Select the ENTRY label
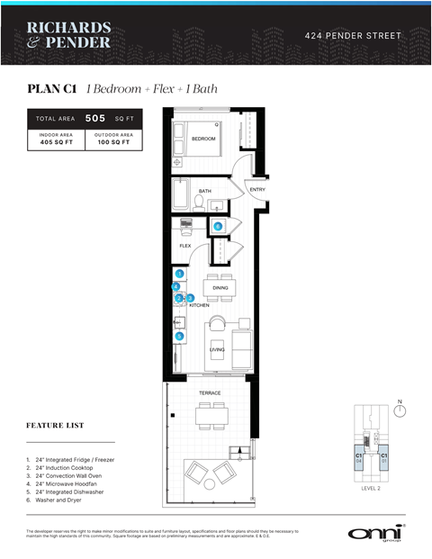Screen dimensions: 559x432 click(257, 190)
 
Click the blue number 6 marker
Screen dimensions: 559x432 click(218, 226)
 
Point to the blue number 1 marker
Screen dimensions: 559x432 click(179, 273)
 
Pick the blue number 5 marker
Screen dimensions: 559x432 click(179, 336)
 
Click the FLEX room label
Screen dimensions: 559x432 click(185, 245)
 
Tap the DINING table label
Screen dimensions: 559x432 click(220, 288)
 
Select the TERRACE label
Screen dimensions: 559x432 click(211, 392)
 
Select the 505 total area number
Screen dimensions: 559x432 click(95, 118)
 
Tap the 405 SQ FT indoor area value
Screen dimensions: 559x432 click(56, 143)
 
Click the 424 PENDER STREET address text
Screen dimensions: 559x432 click(354, 36)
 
